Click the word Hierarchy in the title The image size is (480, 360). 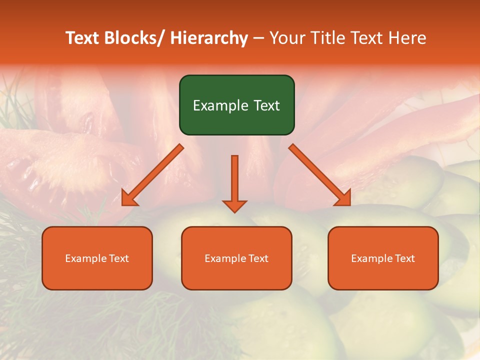(209, 38)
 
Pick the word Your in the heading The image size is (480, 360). (286, 38)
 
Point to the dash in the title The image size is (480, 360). (258, 38)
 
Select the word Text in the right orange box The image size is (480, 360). (404, 258)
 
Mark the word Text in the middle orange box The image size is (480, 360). (257, 258)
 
